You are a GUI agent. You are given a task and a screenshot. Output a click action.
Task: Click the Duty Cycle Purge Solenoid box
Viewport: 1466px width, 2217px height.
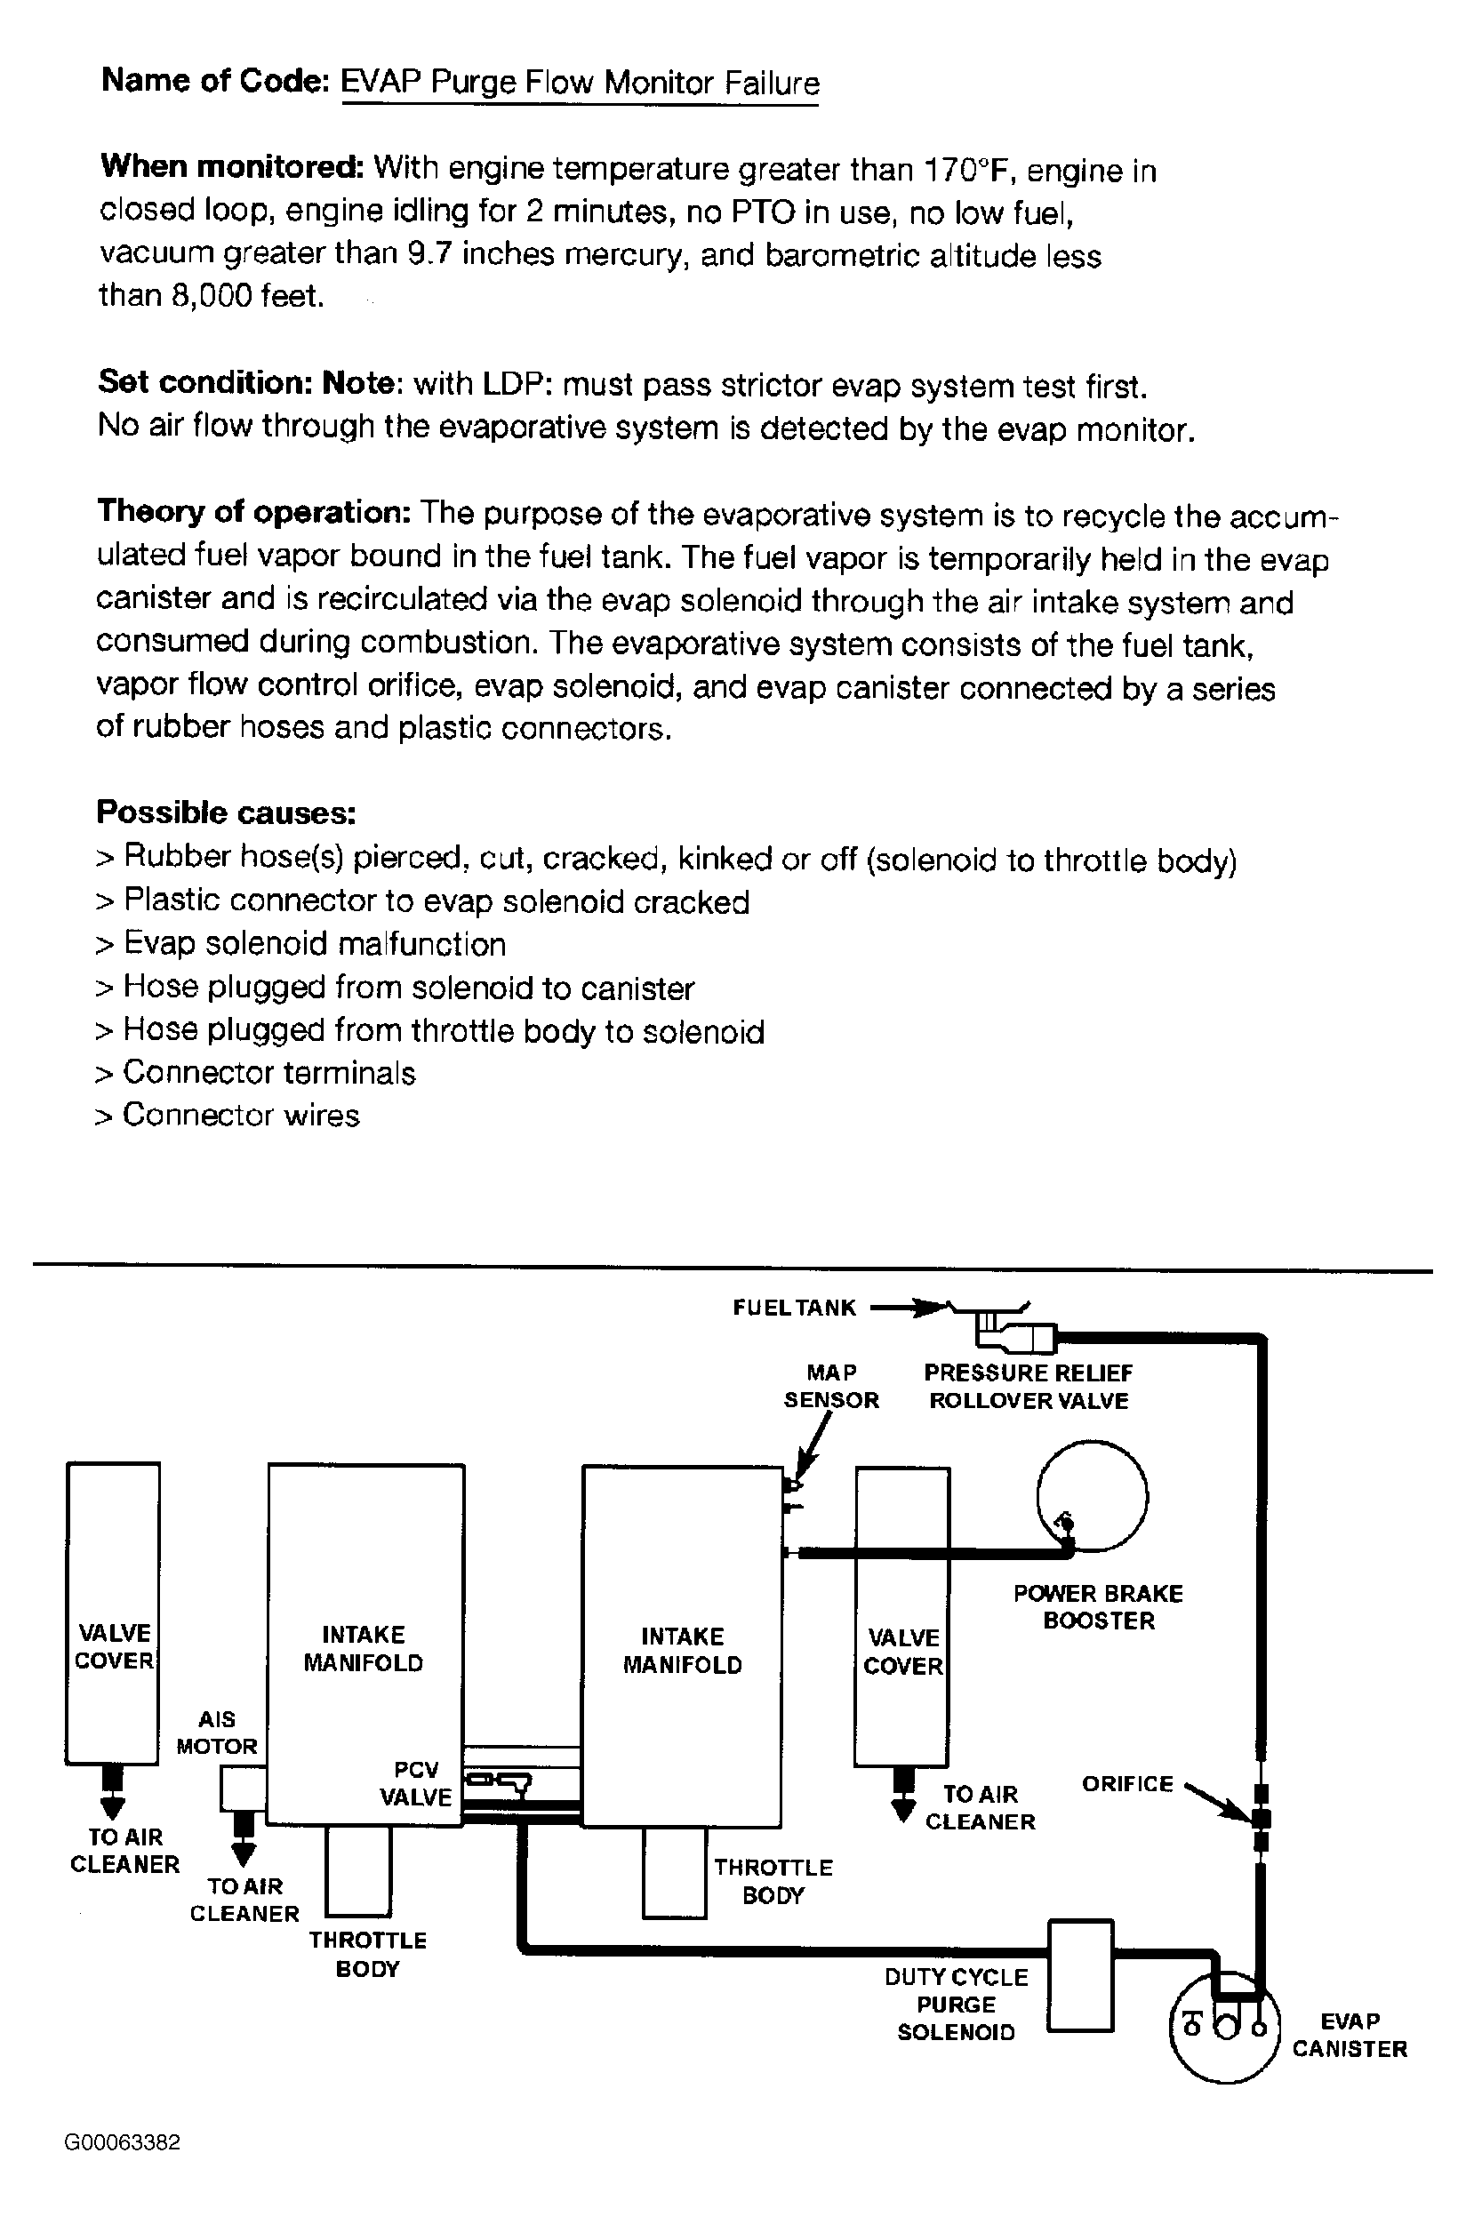pos(1080,1976)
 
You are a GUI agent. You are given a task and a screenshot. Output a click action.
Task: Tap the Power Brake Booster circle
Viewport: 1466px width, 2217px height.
pos(1092,1495)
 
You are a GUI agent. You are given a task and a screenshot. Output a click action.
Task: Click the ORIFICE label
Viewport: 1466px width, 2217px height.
pos(1126,1784)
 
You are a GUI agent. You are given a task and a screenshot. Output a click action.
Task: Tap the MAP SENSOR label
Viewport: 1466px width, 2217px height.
pos(831,1386)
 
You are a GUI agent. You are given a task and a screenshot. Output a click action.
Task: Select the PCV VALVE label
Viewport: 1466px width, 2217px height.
pos(416,1783)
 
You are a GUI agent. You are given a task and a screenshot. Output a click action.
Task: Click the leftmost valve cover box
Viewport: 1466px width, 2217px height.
pos(113,1613)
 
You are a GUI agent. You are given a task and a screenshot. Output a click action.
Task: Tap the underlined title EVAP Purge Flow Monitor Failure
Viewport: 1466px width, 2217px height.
pos(580,84)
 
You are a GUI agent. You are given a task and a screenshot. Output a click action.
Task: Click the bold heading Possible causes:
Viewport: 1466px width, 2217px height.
pos(227,812)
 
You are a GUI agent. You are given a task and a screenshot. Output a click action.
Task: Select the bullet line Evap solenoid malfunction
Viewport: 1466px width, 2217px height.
pos(314,944)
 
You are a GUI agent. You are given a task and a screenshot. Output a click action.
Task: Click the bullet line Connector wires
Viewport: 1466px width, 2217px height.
pos(240,1115)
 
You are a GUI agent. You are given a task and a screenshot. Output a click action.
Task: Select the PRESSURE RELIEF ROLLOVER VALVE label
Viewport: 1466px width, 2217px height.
pos(1029,1386)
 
